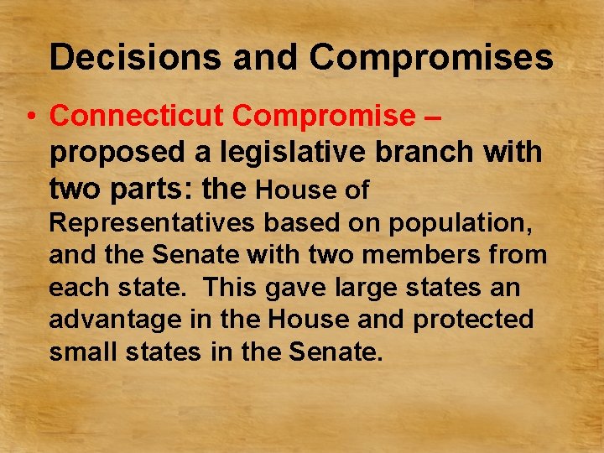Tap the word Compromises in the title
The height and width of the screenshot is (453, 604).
tap(431, 58)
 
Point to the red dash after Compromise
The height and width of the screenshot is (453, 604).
tap(432, 117)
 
